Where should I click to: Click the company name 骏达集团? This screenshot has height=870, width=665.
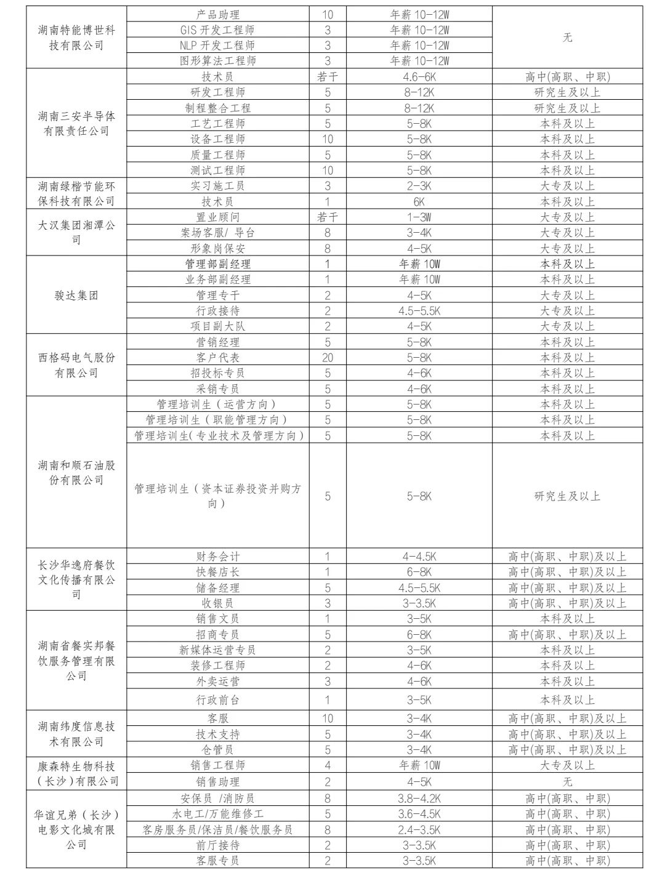tap(76, 296)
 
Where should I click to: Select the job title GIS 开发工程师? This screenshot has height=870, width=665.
tap(217, 30)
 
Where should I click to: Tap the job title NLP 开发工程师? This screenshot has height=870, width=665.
tap(217, 46)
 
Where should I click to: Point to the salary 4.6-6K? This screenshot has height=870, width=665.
tap(419, 77)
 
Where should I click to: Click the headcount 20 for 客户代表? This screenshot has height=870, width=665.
tap(328, 358)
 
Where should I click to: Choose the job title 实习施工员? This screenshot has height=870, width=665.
tap(217, 186)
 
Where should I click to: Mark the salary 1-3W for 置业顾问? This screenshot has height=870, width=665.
tap(419, 217)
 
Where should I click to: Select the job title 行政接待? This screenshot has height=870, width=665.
tap(217, 311)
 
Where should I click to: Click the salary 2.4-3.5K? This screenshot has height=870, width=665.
tap(419, 829)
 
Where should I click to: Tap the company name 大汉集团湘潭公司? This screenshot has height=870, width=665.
tap(76, 232)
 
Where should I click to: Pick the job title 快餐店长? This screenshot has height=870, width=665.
tap(217, 572)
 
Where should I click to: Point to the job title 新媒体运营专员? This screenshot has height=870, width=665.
tap(217, 650)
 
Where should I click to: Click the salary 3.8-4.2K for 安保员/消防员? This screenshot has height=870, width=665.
tap(419, 799)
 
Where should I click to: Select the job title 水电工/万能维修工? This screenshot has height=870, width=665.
tap(217, 814)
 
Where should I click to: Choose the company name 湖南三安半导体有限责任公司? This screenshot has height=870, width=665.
tap(76, 123)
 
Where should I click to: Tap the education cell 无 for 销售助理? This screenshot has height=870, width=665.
tap(567, 782)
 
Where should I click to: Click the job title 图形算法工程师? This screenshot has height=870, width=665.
tap(217, 61)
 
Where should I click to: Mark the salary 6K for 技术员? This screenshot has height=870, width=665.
tap(419, 202)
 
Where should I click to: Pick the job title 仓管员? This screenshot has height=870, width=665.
tap(217, 750)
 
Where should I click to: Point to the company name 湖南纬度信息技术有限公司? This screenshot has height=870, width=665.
tap(76, 734)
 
